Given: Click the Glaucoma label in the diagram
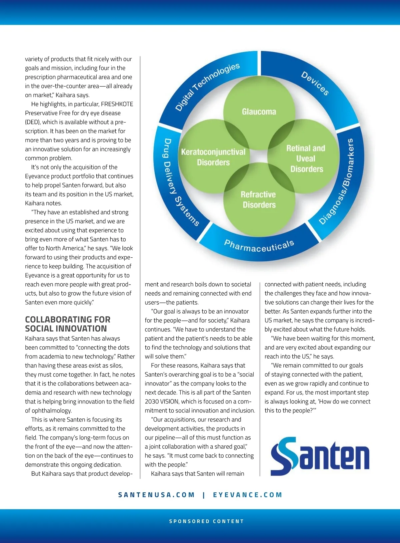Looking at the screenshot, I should (x=259, y=112).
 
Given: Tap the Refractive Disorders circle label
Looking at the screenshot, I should (x=259, y=199).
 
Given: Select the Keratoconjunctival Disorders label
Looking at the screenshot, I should (x=213, y=157).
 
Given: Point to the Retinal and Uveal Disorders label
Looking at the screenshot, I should (x=306, y=158).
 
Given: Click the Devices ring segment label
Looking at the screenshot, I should (x=315, y=83).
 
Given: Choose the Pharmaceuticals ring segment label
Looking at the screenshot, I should (x=259, y=246).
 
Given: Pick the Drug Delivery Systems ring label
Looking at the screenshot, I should (x=180, y=181).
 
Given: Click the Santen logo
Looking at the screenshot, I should (x=320, y=456).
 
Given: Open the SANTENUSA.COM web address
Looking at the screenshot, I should (x=156, y=495).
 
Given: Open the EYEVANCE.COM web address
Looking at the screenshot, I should (x=248, y=495).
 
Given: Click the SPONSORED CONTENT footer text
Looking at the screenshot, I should (x=206, y=521).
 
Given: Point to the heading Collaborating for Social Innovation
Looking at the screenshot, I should (x=67, y=324).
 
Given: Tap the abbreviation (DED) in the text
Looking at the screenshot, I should (x=33, y=122).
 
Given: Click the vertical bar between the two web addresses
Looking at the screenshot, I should (x=204, y=495).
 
